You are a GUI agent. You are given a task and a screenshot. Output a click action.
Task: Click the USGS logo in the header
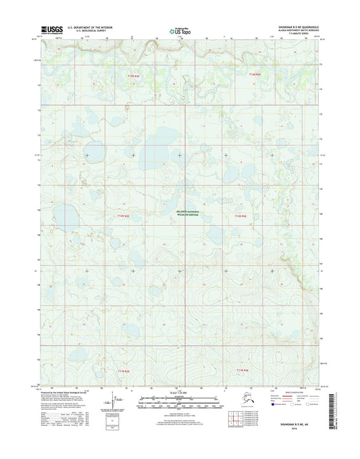[x=53, y=29]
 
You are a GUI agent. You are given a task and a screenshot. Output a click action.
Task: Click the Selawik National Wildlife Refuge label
[x=179, y=213]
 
